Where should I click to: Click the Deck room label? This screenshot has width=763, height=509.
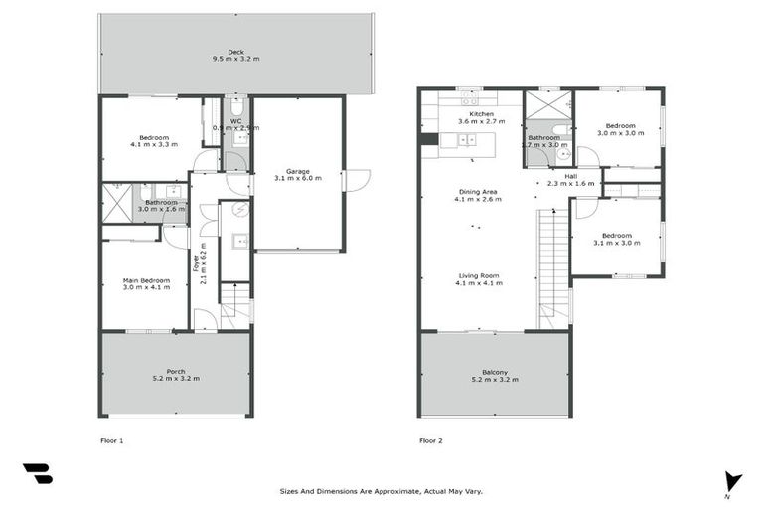point(235,51)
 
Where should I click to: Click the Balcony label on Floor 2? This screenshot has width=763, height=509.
point(495,371)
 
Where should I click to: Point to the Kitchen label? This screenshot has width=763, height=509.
point(482,115)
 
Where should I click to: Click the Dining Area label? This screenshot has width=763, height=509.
point(478,192)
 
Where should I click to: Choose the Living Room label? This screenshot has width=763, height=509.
point(478,275)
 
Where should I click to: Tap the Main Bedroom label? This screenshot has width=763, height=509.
point(146,281)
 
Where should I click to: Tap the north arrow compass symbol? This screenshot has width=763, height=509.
point(733,480)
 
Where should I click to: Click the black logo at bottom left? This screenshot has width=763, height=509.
point(38,474)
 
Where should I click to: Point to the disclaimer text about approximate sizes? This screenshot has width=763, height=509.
point(381,490)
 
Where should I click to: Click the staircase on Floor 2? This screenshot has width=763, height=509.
point(554,263)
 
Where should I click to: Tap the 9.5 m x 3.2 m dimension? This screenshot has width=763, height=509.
point(235,59)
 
